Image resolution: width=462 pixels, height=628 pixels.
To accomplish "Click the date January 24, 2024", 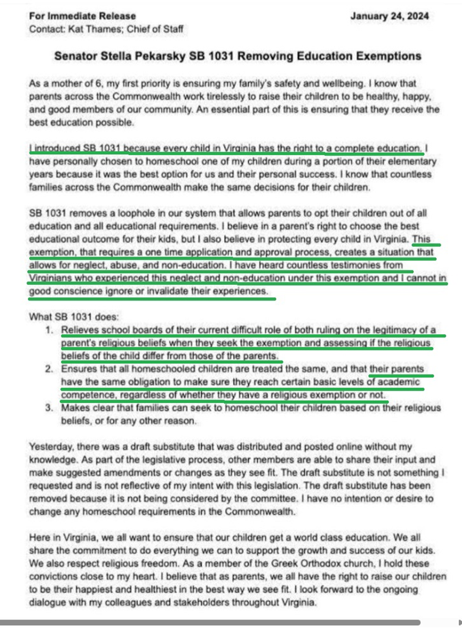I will pyautogui.click(x=390, y=16).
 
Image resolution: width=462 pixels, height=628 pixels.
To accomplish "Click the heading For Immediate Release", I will pyautogui.click(x=82, y=16).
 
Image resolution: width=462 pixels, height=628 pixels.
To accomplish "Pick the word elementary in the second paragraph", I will pyautogui.click(x=409, y=161).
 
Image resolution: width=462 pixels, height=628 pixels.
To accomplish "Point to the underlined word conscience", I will pyautogui.click(x=77, y=292).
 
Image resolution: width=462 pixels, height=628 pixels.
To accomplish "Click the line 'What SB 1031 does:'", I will pyautogui.click(x=74, y=317).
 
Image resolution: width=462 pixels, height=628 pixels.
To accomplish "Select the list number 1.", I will pyautogui.click(x=49, y=330).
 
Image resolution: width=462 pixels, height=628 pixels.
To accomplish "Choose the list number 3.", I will pyautogui.click(x=49, y=408).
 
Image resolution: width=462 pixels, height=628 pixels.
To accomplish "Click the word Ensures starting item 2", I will pyautogui.click(x=79, y=369).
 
